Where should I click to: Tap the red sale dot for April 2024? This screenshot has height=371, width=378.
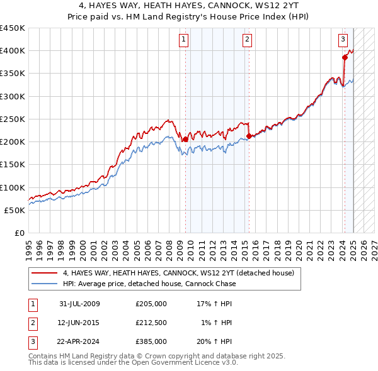[x=345, y=57]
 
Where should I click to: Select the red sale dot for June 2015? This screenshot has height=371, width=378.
[x=249, y=136]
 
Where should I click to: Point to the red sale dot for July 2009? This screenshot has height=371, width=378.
[x=186, y=139]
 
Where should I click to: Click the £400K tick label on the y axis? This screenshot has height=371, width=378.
[x=13, y=51]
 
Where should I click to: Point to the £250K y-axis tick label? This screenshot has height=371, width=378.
[x=13, y=119]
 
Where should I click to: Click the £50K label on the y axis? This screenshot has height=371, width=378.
[x=16, y=210]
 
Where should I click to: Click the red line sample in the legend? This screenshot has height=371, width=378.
[x=44, y=273]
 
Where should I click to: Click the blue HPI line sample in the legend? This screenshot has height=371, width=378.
[x=44, y=284]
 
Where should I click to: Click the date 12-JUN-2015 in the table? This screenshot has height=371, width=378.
[x=79, y=323]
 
